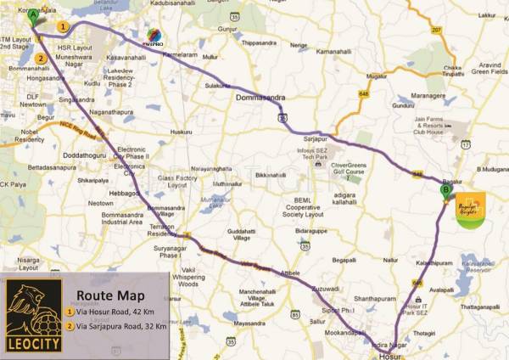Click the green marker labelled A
(x=32, y=14)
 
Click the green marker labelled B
(x=445, y=192)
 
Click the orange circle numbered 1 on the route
(x=62, y=26)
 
